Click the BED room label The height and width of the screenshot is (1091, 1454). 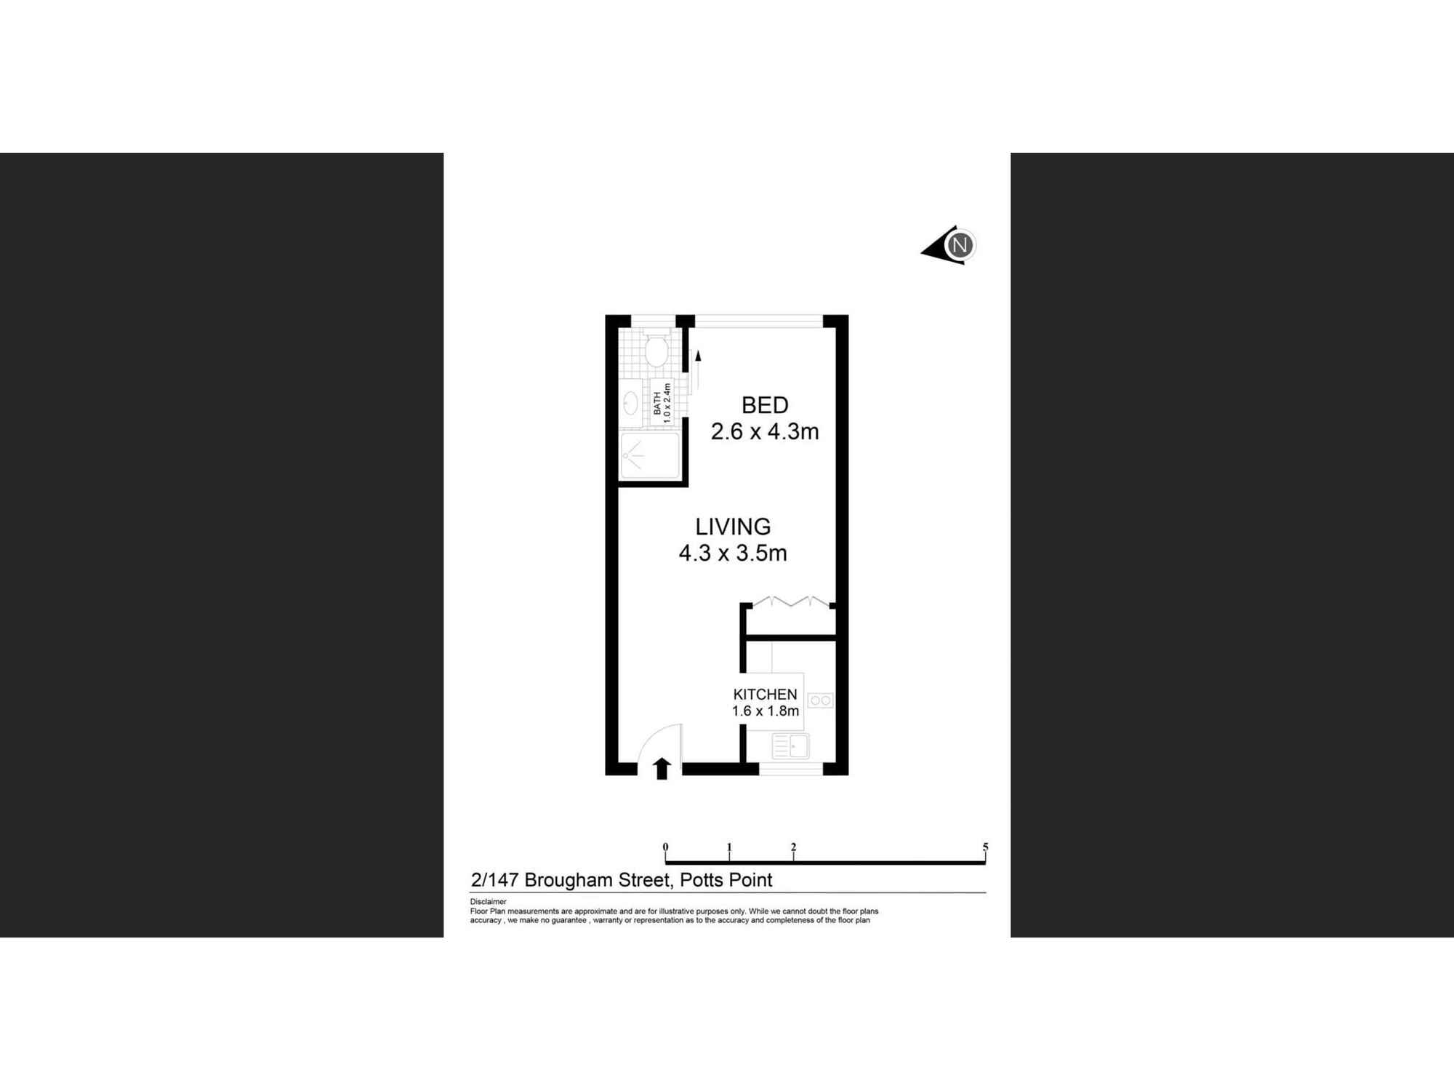coord(765,405)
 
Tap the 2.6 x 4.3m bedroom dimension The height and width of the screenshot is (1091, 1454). coord(765,432)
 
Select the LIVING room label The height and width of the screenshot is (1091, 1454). coord(733,527)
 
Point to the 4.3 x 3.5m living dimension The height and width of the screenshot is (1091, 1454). coord(733,554)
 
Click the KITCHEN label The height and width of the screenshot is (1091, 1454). coord(765,695)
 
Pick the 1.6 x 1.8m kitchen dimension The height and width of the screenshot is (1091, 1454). coord(765,711)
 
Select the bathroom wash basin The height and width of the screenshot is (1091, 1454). coord(630,403)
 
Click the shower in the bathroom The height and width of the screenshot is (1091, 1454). coord(649,456)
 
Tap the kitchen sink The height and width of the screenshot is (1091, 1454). coord(790,747)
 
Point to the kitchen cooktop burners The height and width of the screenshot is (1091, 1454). coord(820,700)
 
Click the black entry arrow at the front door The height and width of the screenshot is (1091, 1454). coord(662,769)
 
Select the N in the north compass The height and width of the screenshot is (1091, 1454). coord(960,245)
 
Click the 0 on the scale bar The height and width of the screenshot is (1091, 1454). coord(665,847)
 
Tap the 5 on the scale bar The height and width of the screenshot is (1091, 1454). coord(985,847)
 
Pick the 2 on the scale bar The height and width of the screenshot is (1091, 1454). coord(793,847)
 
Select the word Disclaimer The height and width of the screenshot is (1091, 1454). coord(488,902)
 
